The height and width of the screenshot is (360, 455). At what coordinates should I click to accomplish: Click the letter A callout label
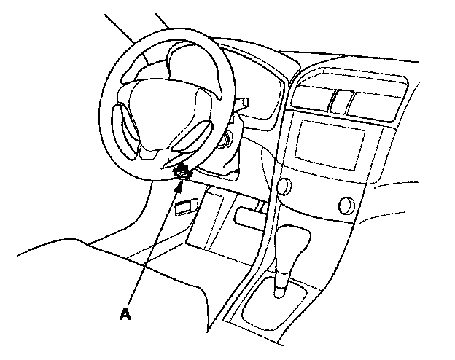pos(125,314)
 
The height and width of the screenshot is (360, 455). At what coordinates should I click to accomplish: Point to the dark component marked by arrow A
pos(182,172)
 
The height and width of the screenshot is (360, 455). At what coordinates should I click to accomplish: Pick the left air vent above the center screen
pos(310,98)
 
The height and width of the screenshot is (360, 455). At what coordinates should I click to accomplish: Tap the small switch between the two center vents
pos(338,100)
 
